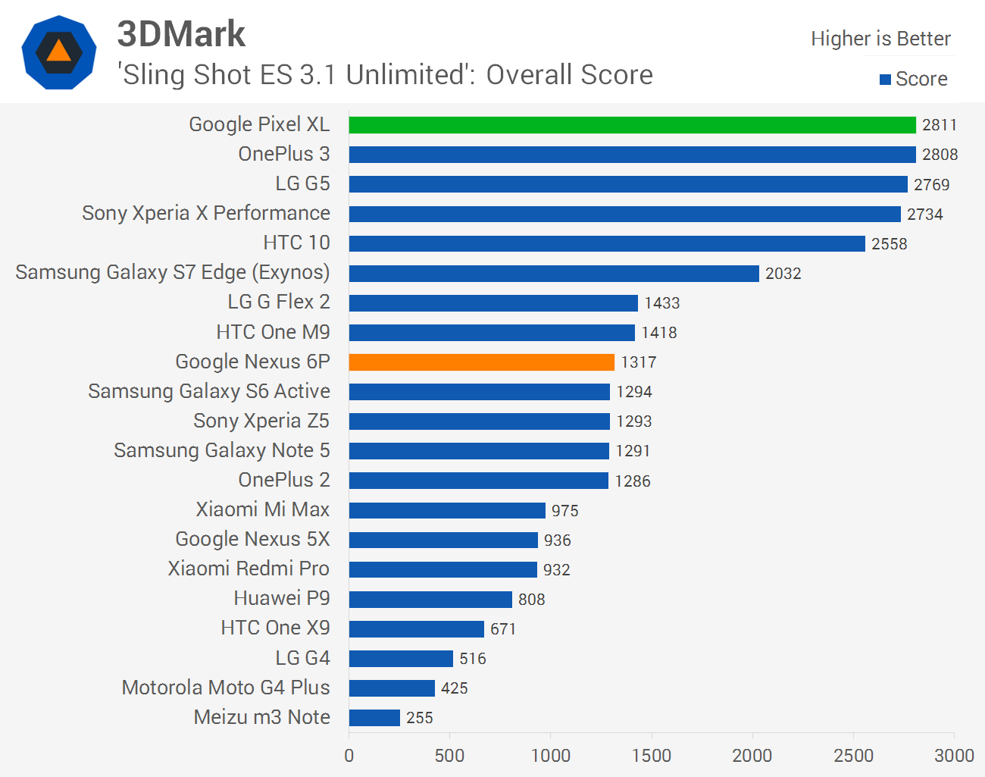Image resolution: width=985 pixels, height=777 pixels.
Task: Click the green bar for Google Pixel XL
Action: pos(632,125)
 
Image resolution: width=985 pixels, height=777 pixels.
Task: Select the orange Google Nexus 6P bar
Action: pos(481,362)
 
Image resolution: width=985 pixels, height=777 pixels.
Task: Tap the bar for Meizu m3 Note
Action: pos(374,718)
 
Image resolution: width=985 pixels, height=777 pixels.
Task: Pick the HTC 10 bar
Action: pos(606,243)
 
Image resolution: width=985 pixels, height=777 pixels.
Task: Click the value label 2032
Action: pos(783,274)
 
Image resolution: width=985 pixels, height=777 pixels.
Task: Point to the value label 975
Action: pos(564,511)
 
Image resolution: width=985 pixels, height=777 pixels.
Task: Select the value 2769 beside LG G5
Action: pos(931,185)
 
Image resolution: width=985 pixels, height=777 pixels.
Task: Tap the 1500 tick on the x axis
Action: pos(652,756)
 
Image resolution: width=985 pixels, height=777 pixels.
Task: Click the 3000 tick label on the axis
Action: pos(954,756)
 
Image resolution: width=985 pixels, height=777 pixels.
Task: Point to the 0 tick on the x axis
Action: pos(349,756)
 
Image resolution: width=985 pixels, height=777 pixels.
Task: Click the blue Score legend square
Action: pos(885,80)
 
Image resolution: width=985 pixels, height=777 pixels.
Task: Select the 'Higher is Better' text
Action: pos(880,39)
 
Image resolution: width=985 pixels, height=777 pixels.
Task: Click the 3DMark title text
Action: pos(181,34)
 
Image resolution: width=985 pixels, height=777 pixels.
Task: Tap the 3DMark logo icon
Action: pos(59,52)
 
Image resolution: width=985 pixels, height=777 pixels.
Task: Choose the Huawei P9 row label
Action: pos(282,599)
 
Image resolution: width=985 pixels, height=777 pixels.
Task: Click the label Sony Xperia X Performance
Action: pos(206,214)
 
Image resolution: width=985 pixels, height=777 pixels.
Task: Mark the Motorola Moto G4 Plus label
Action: pos(226,688)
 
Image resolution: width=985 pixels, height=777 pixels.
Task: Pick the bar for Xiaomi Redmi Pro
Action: pos(442,570)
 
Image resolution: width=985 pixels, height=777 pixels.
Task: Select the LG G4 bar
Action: pos(401,659)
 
